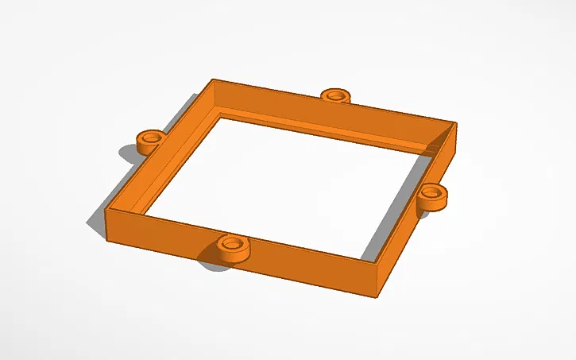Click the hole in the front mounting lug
point(232,242)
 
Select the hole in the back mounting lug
point(336,95)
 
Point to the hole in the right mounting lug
point(431,192)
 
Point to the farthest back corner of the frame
point(213,80)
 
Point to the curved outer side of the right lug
point(433,203)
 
